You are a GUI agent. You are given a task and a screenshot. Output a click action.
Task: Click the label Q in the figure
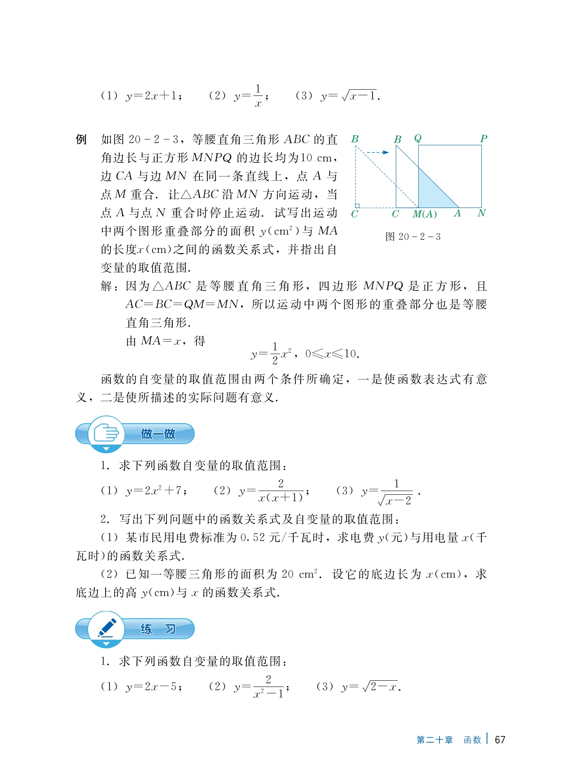417,138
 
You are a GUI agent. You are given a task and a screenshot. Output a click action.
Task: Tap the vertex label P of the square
483,139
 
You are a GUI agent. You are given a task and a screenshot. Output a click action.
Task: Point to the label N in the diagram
481,213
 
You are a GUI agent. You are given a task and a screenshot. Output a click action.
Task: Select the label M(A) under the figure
425,214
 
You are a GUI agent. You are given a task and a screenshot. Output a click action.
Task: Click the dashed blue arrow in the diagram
377,152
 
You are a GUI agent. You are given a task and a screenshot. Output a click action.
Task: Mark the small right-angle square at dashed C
357,205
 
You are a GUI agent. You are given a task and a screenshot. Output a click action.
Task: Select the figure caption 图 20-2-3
413,237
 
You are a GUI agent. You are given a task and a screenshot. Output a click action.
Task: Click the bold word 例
81,139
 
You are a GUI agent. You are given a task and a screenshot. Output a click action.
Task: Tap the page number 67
500,740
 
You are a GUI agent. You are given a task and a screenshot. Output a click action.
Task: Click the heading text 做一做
158,434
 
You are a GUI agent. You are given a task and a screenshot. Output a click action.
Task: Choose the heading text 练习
158,629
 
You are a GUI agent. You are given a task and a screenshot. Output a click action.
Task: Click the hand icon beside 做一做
106,433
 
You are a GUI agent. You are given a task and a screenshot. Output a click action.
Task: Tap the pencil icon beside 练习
107,628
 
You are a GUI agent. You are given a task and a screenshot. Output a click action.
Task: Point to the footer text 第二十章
434,740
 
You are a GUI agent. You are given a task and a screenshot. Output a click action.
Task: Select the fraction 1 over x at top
258,96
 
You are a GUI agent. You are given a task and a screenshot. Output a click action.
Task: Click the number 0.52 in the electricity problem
253,538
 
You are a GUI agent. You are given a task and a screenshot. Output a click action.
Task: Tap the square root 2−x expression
380,687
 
